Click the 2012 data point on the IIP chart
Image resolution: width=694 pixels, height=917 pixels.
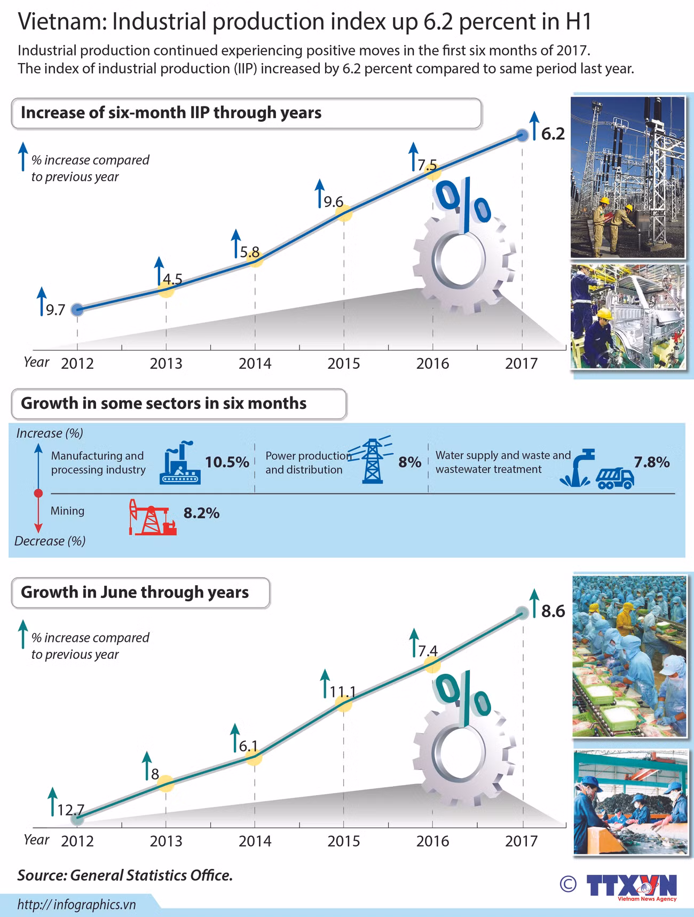pos(77,309)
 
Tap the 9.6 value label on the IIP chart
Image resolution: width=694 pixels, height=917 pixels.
pos(334,201)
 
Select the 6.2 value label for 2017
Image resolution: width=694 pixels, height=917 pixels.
pos(553,134)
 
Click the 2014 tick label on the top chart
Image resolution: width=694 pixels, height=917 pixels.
pos(255,363)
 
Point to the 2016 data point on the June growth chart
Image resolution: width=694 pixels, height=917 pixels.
pos(432,664)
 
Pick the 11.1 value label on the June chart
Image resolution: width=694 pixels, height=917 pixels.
pos(343,692)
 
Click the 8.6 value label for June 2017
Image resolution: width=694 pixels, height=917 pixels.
pos(553,611)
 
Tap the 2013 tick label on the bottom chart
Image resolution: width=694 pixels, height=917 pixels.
pos(166,841)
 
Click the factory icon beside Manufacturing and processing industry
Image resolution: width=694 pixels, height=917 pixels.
pos(180,463)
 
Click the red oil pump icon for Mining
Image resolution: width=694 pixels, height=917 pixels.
pos(152,517)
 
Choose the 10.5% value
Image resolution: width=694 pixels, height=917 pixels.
pos(227,462)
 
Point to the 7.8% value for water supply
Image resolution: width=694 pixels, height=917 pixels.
pos(652,462)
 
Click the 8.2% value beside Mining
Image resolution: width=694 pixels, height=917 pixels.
pos(202,513)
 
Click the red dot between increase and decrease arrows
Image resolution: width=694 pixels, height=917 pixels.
pos(38,493)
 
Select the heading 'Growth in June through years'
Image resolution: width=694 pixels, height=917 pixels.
pos(135,592)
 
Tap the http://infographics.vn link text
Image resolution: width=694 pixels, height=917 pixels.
pos(76,904)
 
